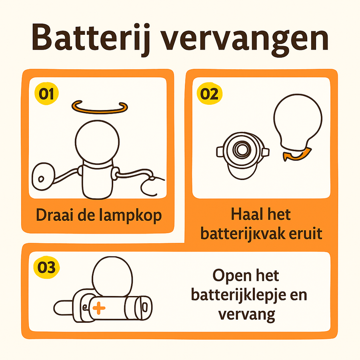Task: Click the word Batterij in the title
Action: point(91,38)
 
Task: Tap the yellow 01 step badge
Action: point(47,94)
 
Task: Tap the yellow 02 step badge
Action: point(209,94)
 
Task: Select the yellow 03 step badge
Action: point(47,267)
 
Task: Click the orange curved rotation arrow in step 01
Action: point(100,111)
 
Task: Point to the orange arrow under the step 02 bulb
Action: point(297,154)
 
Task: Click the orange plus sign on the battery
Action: point(99,308)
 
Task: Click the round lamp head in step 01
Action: point(97,142)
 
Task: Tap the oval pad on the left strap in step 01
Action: point(43,176)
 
